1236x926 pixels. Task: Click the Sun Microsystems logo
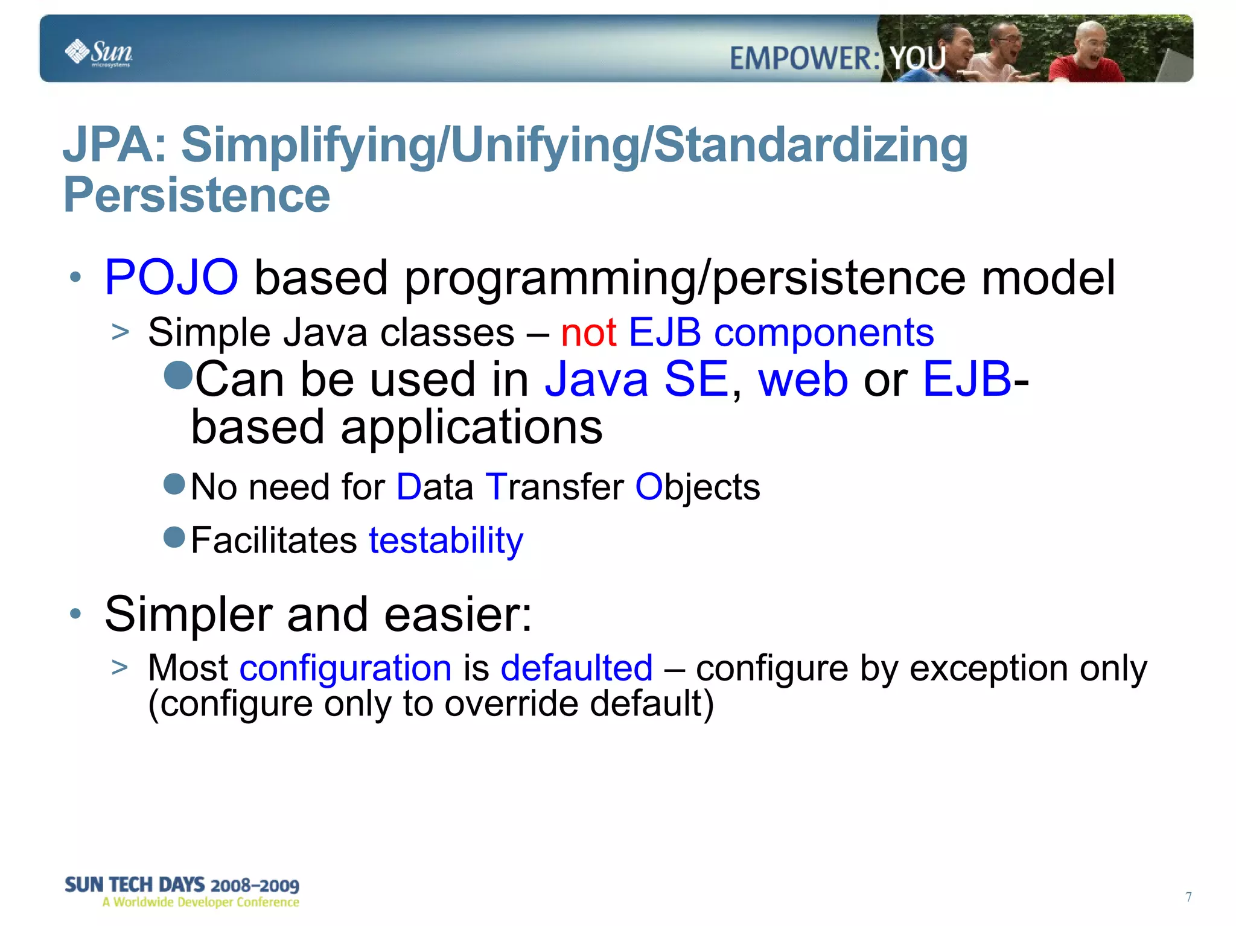(x=98, y=52)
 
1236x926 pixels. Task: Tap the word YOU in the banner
(x=917, y=59)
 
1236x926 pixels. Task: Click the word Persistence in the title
(x=197, y=195)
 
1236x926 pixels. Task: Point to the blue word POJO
(x=171, y=277)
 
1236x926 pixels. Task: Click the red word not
(x=588, y=332)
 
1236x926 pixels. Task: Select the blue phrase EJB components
(x=781, y=332)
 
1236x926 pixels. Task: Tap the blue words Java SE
(x=637, y=379)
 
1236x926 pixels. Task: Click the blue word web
(x=803, y=379)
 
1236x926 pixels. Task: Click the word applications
(x=471, y=427)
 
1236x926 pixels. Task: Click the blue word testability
(x=446, y=540)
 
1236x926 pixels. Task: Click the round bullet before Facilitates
(x=174, y=536)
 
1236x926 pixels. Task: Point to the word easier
(x=458, y=614)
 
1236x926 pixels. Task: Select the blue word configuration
(x=346, y=668)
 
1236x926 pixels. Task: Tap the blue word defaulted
(x=576, y=668)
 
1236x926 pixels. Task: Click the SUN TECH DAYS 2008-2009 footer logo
(x=182, y=892)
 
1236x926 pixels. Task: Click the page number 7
(x=1188, y=897)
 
